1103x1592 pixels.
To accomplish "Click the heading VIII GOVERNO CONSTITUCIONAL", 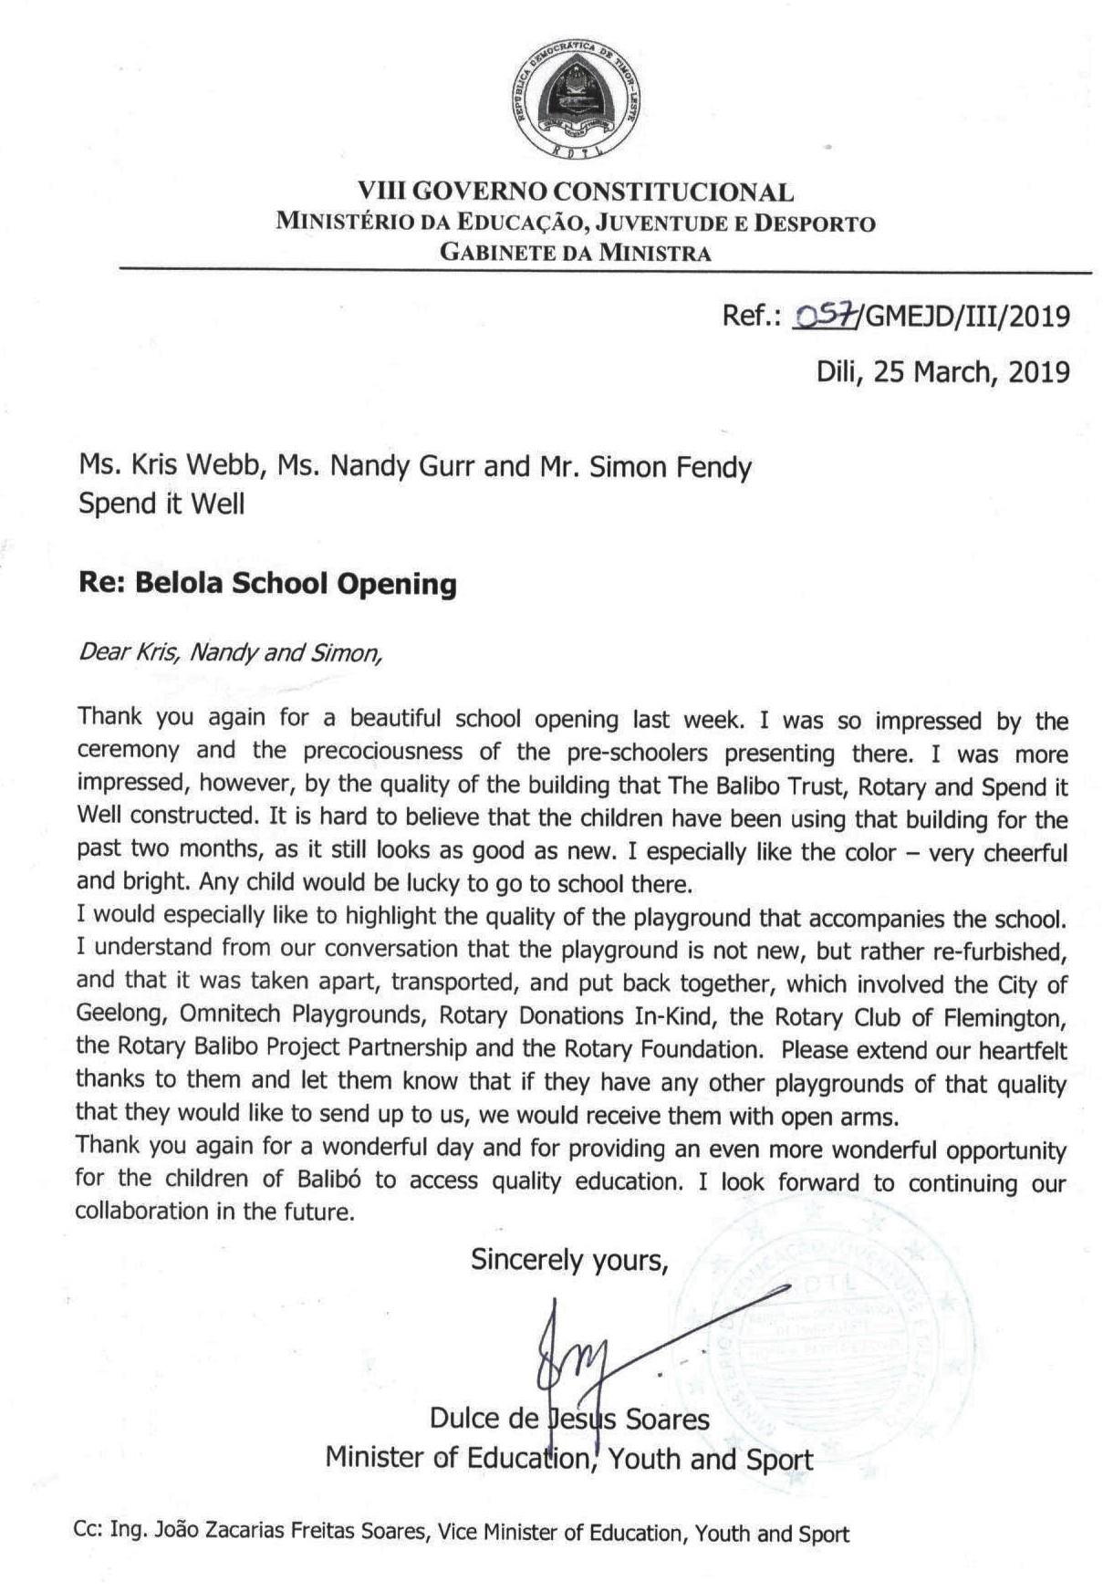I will click(576, 192).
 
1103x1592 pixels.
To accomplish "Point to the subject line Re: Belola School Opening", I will click(267, 583).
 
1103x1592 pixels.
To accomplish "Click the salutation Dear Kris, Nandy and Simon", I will click(229, 653).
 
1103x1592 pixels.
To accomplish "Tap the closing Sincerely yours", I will click(569, 1260).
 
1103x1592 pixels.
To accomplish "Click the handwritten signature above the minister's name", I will click(584, 1350).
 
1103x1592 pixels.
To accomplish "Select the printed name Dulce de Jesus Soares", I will click(569, 1420).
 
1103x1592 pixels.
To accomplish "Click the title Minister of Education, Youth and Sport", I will click(568, 1458).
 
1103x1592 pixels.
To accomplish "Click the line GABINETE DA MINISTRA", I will click(576, 253).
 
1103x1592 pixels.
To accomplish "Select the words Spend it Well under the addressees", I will click(161, 504).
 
